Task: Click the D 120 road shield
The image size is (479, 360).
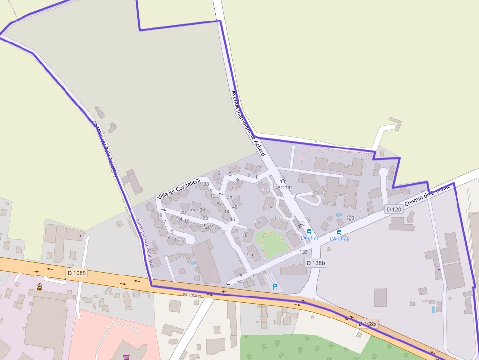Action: pos(393,210)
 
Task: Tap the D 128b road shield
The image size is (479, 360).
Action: pos(316,263)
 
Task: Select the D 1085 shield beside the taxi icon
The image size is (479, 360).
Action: pos(76,273)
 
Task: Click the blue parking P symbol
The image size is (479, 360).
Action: pos(275,287)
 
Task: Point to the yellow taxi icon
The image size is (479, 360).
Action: pos(40,287)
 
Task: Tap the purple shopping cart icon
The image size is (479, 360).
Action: pos(127,357)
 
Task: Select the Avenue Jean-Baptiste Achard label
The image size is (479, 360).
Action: pos(248,123)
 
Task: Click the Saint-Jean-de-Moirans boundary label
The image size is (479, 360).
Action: pos(146,243)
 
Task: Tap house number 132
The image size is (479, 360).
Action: pos(304,252)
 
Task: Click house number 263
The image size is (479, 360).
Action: pos(350,218)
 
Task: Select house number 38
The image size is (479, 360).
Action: pos(206,184)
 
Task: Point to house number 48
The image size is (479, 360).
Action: pos(235,207)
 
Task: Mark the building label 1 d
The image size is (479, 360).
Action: pos(266,190)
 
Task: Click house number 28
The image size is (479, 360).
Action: pos(183,212)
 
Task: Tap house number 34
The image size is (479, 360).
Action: pos(239,282)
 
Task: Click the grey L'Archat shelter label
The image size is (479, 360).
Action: pos(283,187)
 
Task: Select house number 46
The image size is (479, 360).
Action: pos(232,220)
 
